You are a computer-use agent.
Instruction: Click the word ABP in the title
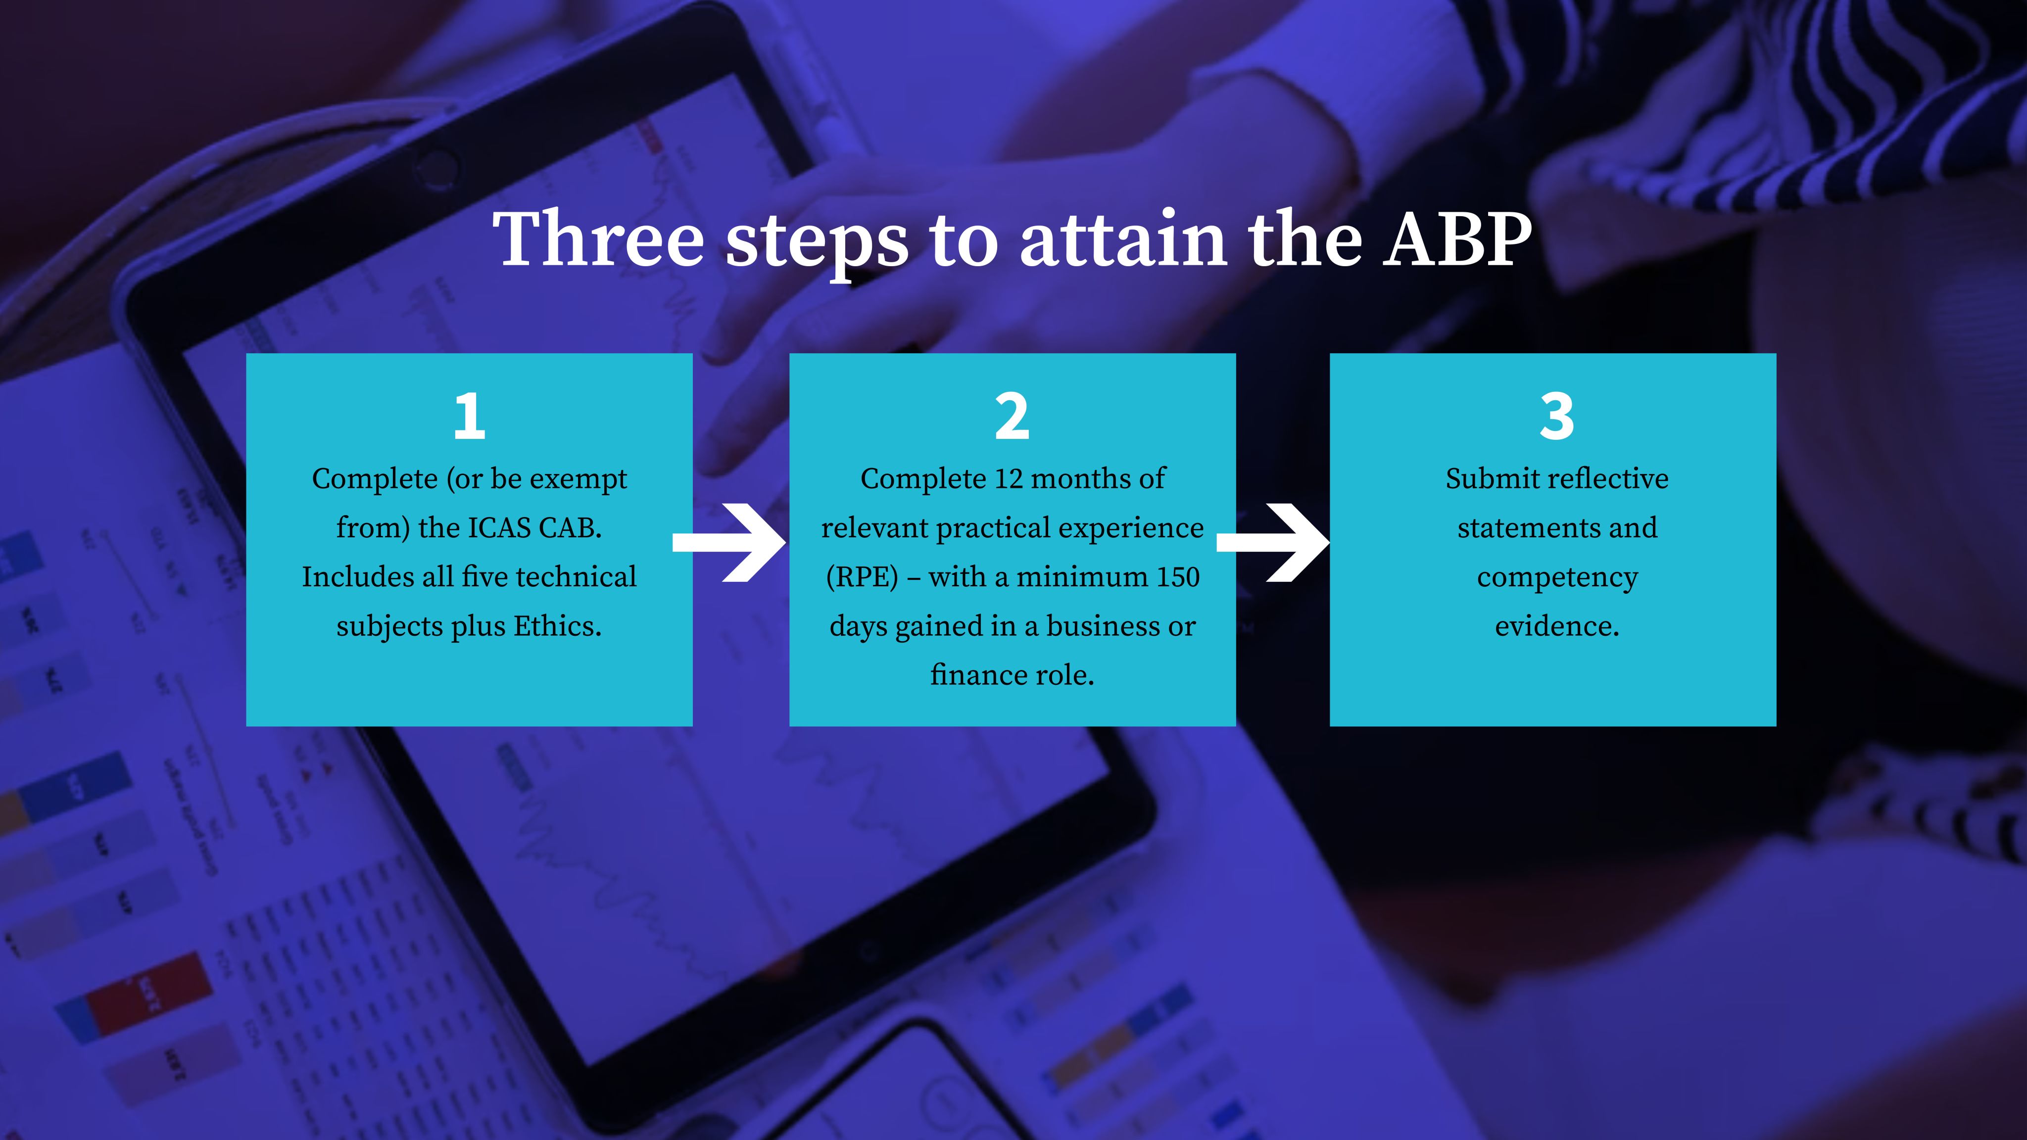coord(1458,239)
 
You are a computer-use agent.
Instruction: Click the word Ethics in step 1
coord(557,626)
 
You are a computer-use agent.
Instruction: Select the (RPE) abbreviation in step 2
coord(862,577)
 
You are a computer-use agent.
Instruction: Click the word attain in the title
coord(1124,239)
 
